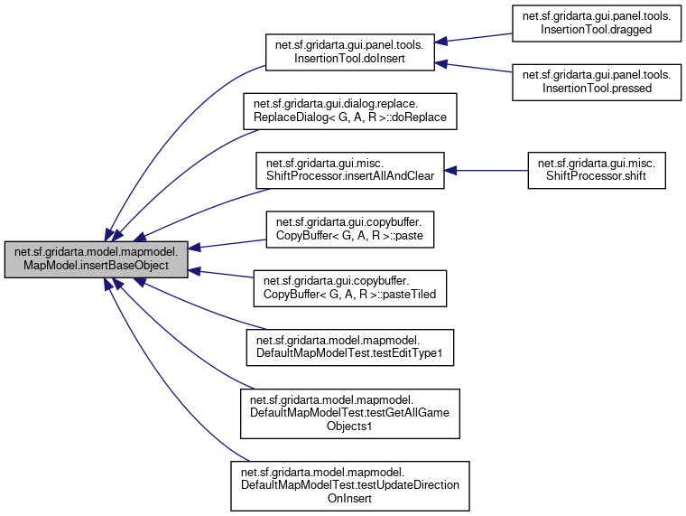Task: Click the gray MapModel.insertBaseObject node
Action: pyautogui.click(x=97, y=259)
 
